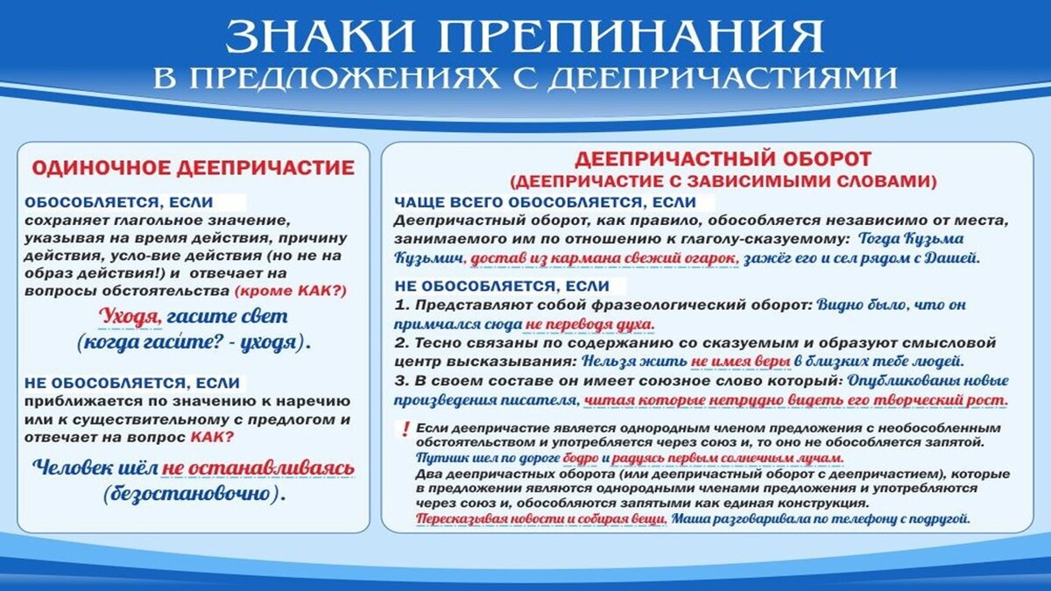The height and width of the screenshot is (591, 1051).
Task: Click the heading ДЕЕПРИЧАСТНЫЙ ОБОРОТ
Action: pos(723,159)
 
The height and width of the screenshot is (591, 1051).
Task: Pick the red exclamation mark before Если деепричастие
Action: pos(405,429)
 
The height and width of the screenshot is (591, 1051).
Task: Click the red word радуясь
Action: pos(638,458)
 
